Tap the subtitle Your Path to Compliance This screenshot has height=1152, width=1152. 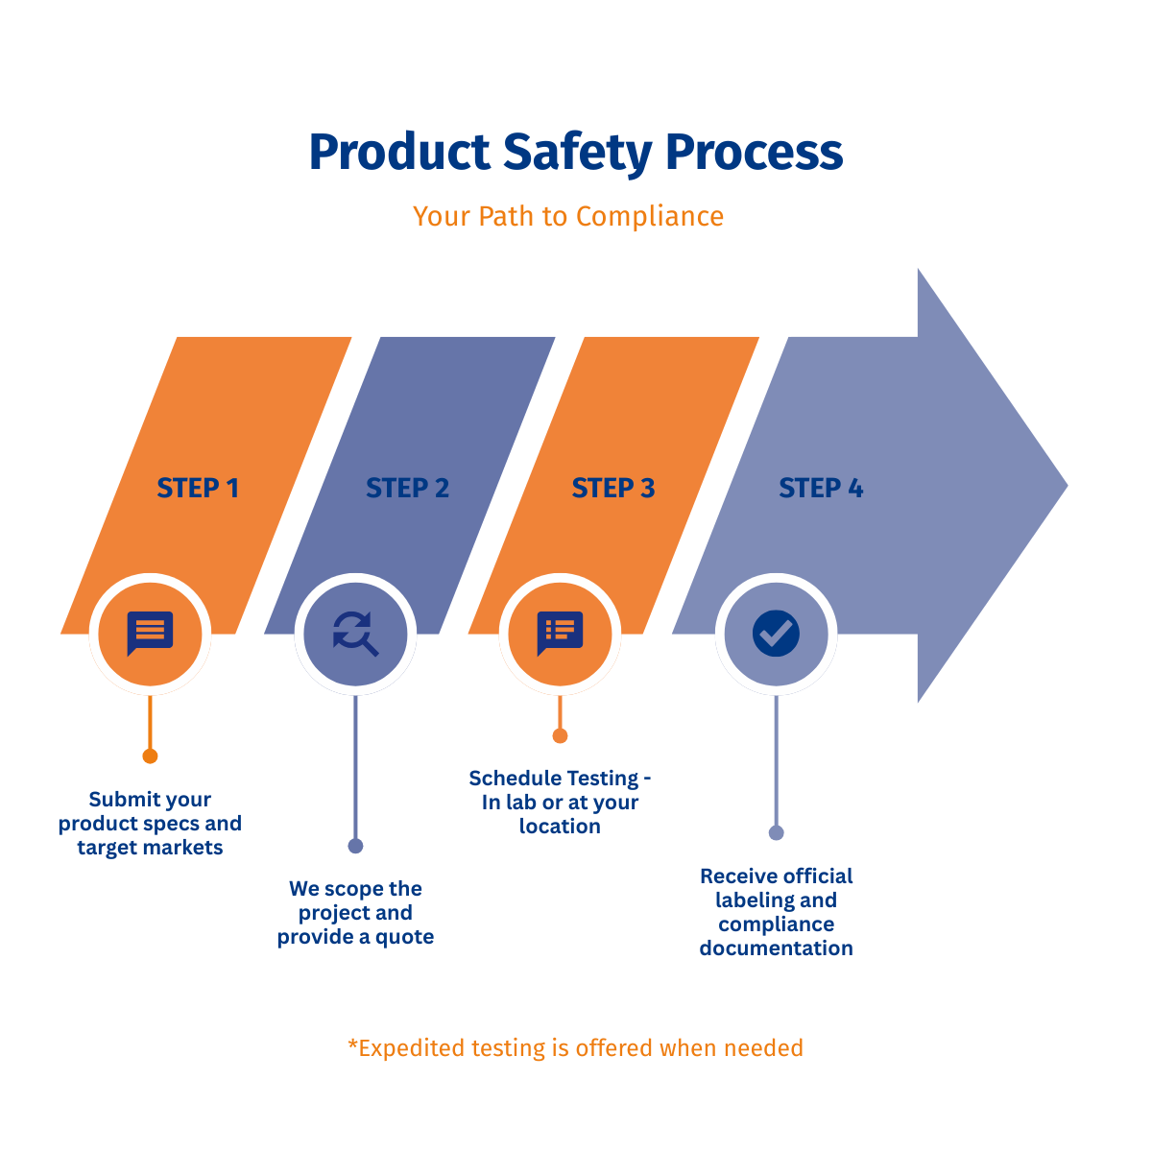(x=568, y=217)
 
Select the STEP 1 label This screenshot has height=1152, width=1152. (x=198, y=489)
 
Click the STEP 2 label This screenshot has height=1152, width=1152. (x=407, y=489)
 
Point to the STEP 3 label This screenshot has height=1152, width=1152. (x=613, y=489)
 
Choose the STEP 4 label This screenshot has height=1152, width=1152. (x=821, y=489)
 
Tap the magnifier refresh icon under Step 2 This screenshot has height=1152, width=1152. (x=355, y=634)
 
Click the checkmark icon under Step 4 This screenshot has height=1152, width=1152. (x=777, y=634)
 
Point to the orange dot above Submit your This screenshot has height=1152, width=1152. (x=150, y=756)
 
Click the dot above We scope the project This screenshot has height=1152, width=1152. (x=355, y=846)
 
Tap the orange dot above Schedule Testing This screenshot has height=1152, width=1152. (x=560, y=736)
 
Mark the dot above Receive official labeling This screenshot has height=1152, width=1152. (x=777, y=832)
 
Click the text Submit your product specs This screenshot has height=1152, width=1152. (x=150, y=824)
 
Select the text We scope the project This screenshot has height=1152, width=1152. (x=355, y=913)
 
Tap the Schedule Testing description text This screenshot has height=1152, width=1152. (x=560, y=803)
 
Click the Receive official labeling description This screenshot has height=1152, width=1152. (x=777, y=912)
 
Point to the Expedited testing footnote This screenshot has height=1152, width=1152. (x=575, y=1048)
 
